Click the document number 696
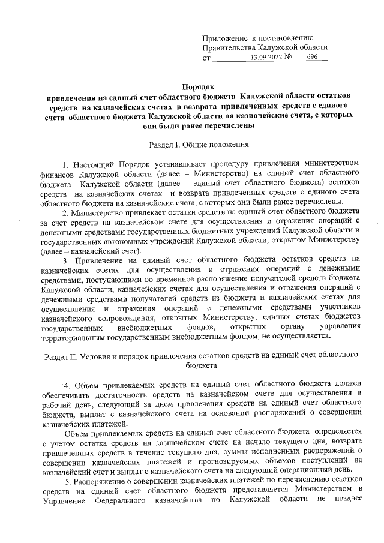[312, 58]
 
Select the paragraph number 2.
[65, 212]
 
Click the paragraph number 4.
[67, 385]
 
